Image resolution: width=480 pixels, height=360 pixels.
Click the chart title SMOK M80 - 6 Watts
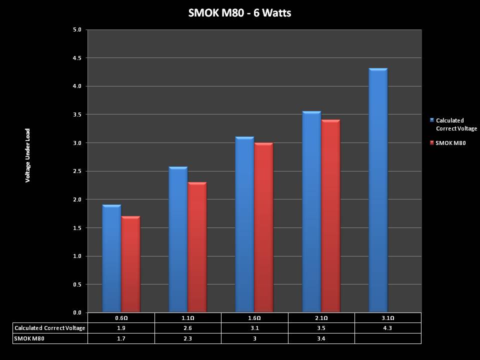click(239, 13)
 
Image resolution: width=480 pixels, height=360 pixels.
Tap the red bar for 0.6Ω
click(130, 264)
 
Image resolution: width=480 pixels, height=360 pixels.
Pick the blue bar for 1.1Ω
click(178, 240)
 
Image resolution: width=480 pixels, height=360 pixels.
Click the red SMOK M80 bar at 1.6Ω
click(263, 228)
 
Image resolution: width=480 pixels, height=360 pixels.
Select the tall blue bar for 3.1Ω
click(378, 190)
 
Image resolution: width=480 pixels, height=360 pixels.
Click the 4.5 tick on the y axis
click(77, 58)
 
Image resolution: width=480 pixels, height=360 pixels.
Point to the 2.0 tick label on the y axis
click(77, 199)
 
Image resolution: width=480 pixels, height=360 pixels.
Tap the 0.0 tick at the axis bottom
click(77, 313)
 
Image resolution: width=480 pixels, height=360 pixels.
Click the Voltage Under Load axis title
click(28, 155)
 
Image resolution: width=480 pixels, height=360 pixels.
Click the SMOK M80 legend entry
click(450, 143)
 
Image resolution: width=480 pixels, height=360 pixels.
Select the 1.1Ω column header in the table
click(188, 318)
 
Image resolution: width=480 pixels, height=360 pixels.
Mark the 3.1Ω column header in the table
click(388, 318)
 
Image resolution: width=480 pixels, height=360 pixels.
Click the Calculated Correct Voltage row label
click(50, 328)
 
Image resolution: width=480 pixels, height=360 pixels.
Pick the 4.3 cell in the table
click(388, 328)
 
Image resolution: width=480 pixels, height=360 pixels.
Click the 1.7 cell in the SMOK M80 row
click(121, 338)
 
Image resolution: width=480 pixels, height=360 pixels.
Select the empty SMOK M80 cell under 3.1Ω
click(388, 338)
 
